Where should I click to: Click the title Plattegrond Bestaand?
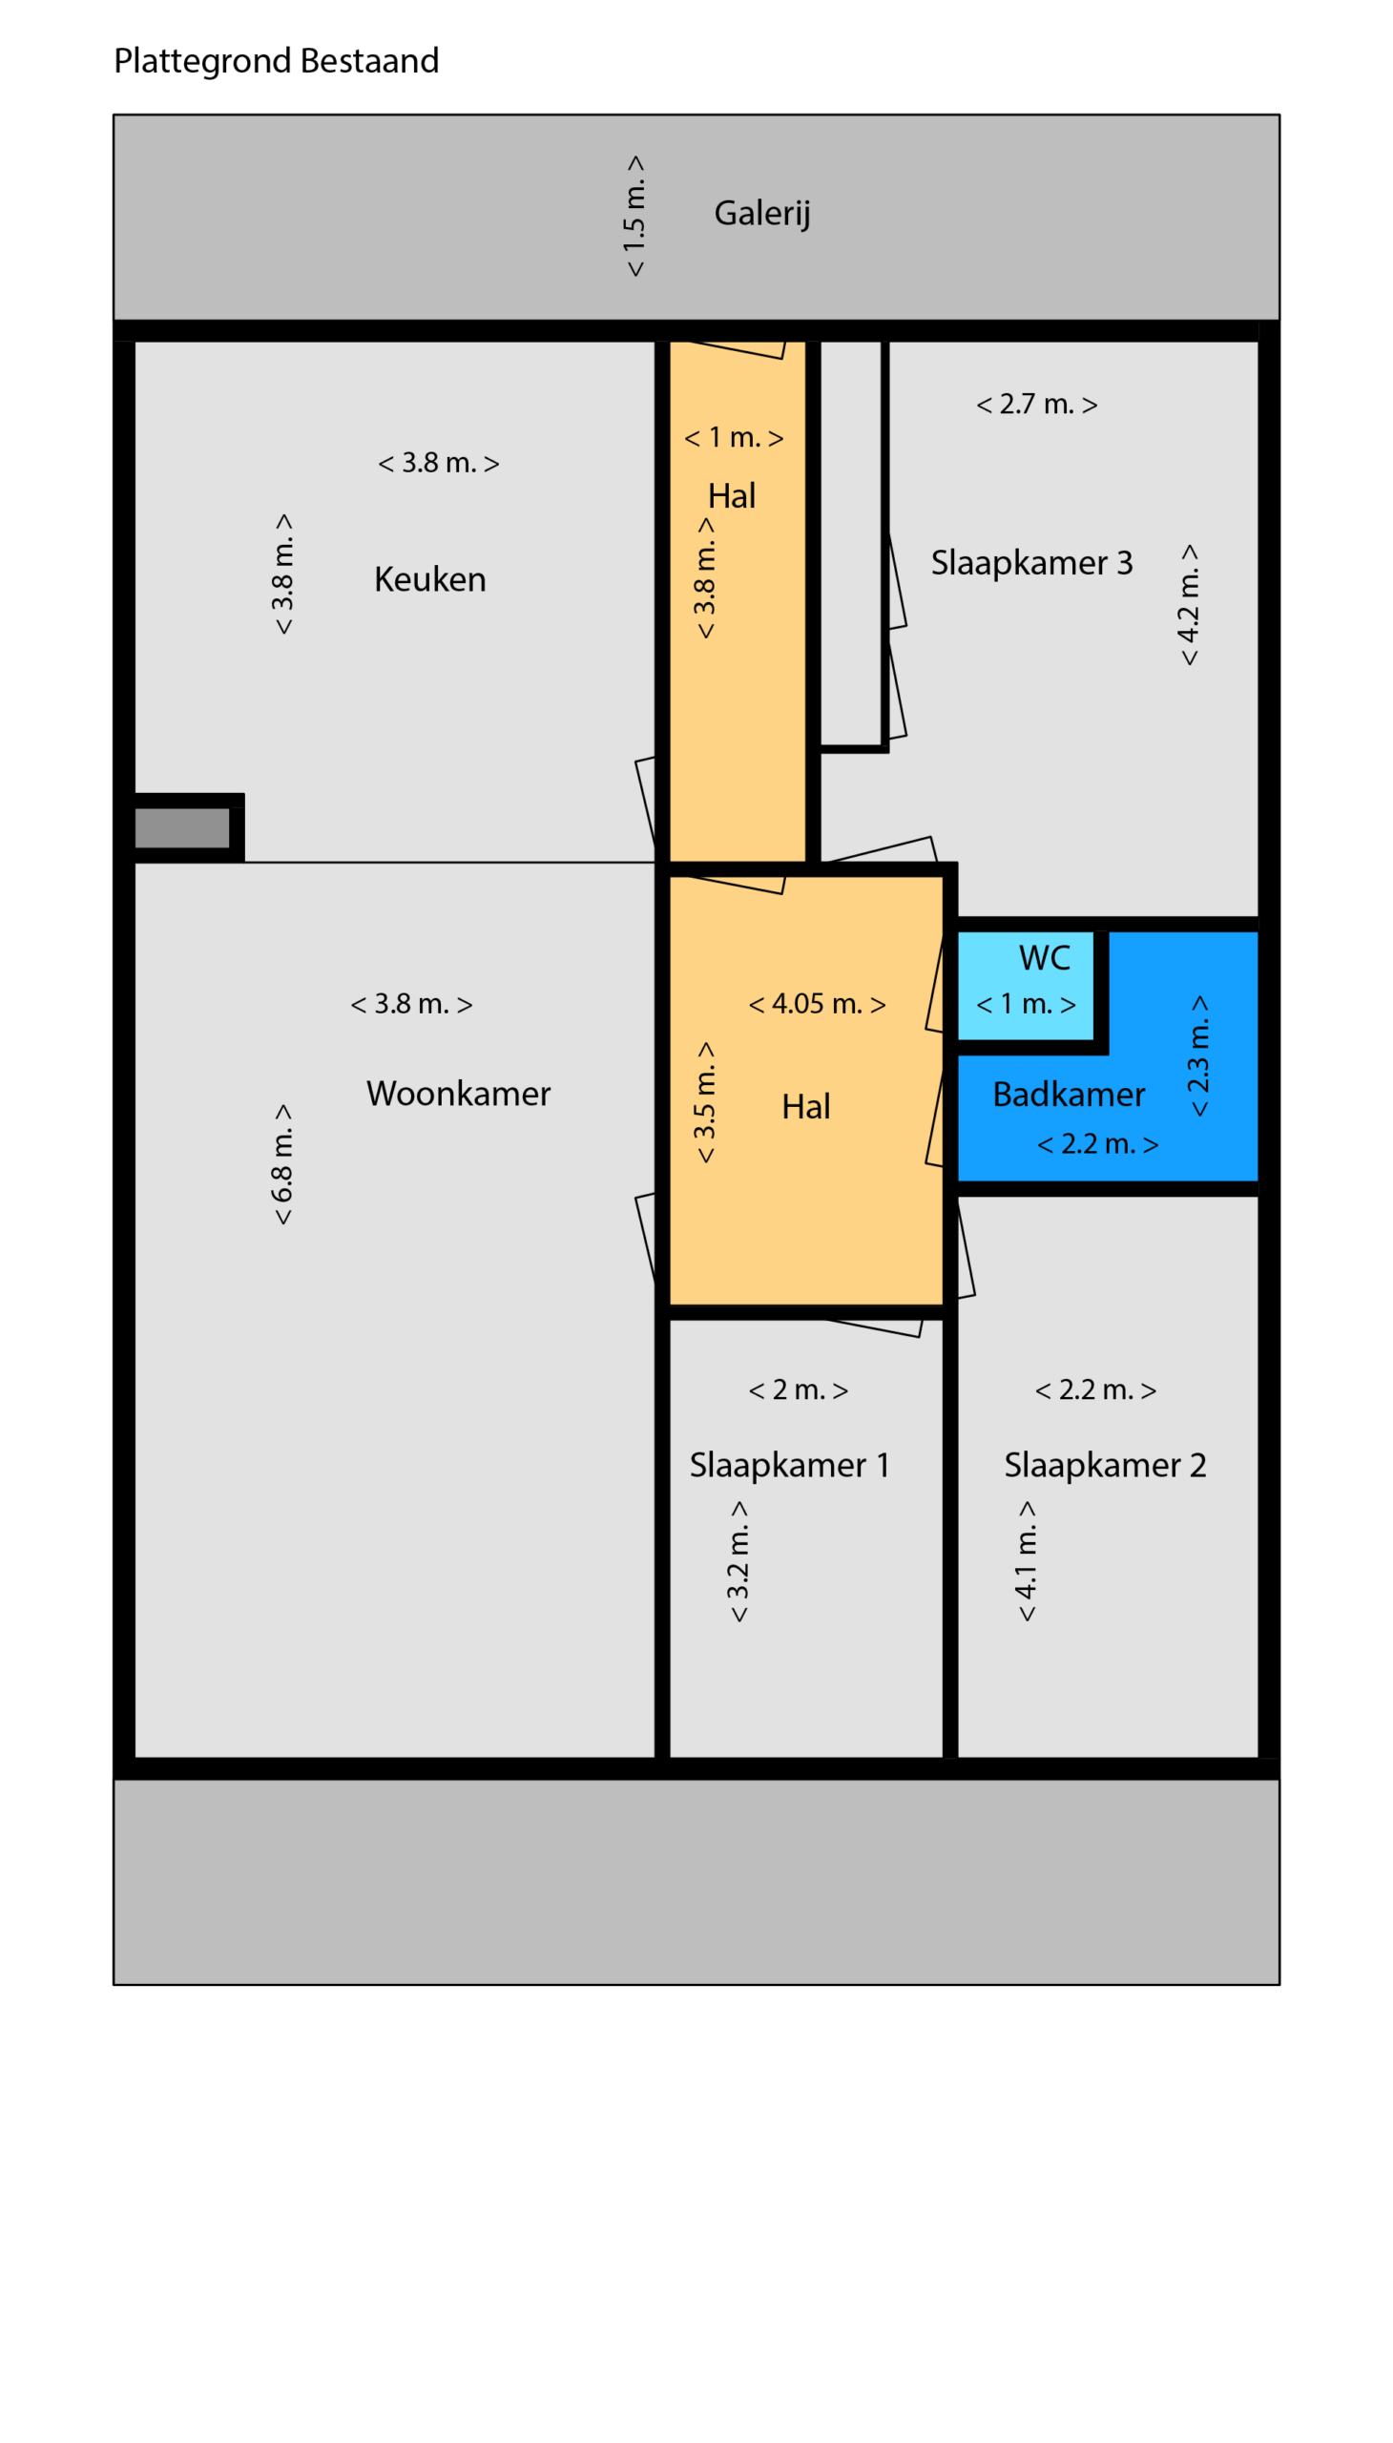(277, 61)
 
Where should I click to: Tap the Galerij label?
(762, 214)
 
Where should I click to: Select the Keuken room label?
(429, 580)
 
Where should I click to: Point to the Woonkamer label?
(458, 1094)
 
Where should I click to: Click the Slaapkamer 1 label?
(789, 1465)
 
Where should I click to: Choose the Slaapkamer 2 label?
(1105, 1465)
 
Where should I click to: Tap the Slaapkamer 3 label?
(1031, 563)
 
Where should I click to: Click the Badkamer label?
(1069, 1095)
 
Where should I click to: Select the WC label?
(1045, 958)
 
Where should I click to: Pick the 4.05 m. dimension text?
(817, 1004)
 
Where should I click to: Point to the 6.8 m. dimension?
(282, 1164)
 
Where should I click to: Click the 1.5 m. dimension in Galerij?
(634, 217)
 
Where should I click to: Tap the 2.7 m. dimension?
(1036, 405)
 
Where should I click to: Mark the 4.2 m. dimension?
(1188, 605)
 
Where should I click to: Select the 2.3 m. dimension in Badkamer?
(1198, 1055)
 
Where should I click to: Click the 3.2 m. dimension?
(738, 1560)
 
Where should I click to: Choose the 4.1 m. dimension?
(1026, 1560)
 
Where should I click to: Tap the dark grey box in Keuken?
(182, 828)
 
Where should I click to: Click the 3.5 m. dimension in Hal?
(704, 1102)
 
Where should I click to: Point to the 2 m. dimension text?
(798, 1390)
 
